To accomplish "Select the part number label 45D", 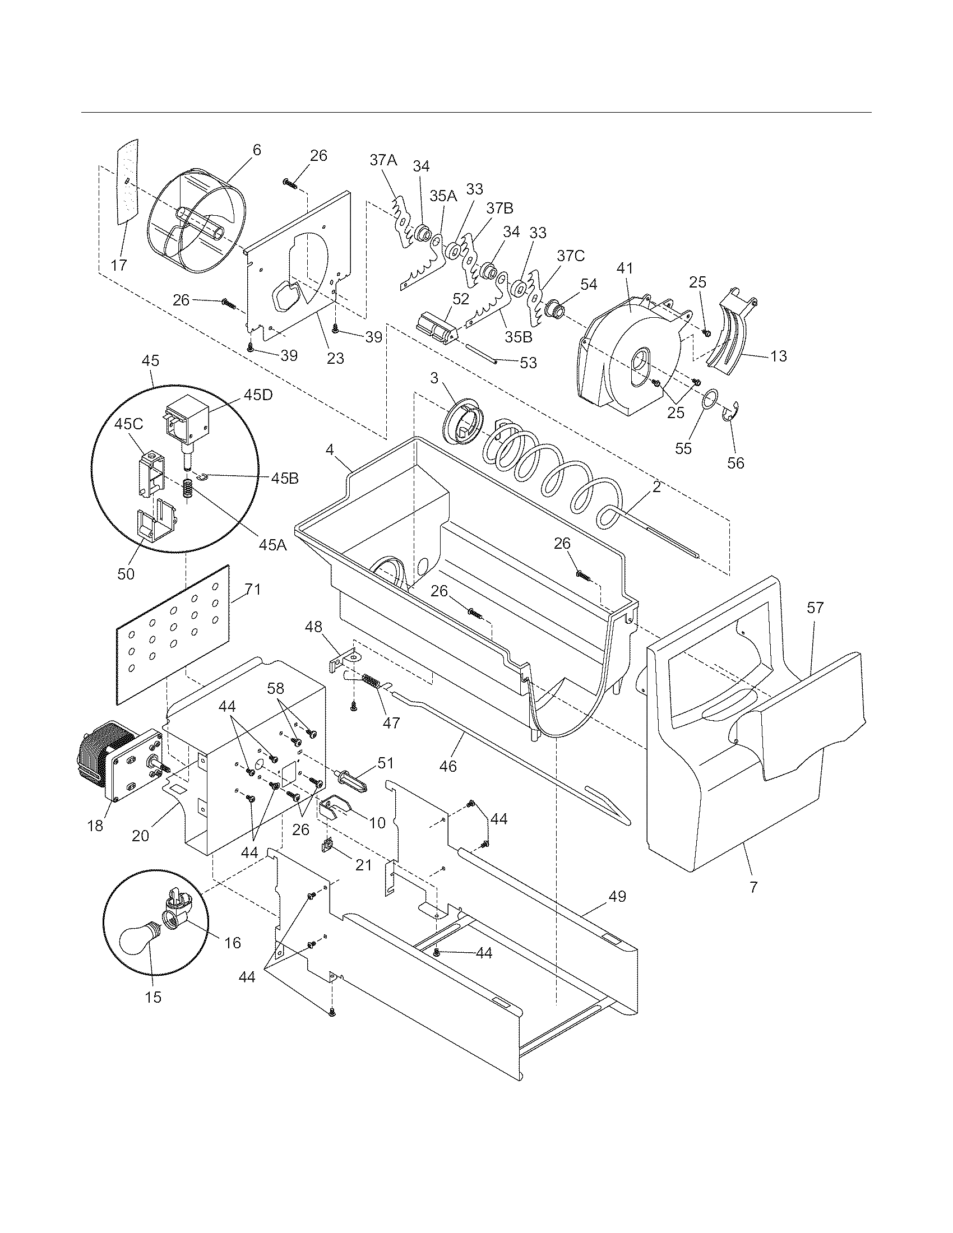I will [x=259, y=395].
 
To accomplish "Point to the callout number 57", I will [x=815, y=608].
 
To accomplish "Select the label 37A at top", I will [x=383, y=160].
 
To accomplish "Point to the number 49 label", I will [x=617, y=897].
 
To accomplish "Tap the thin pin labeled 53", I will [x=480, y=353].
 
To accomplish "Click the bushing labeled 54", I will [x=554, y=310].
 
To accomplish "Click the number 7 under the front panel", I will [x=753, y=888].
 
